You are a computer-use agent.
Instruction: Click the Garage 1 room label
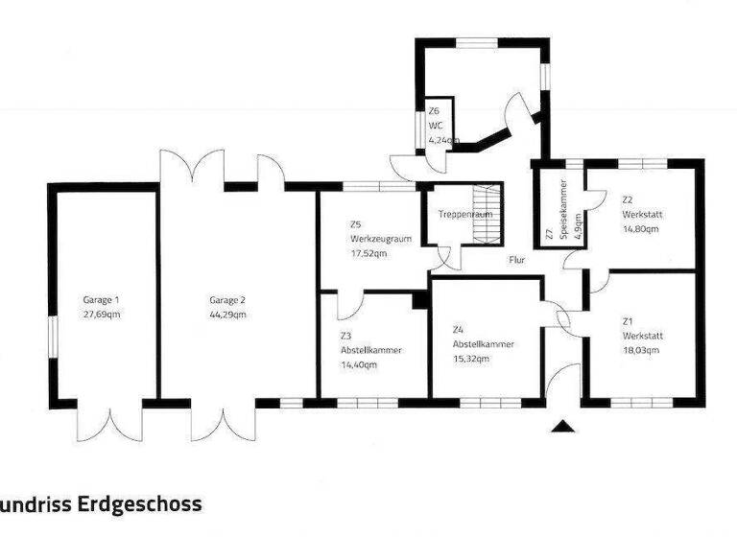(x=101, y=300)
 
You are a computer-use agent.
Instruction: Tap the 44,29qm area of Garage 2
(x=228, y=314)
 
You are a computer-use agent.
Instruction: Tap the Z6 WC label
(x=435, y=124)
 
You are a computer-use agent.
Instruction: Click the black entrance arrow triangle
(x=563, y=426)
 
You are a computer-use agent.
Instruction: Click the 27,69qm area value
(x=101, y=314)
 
